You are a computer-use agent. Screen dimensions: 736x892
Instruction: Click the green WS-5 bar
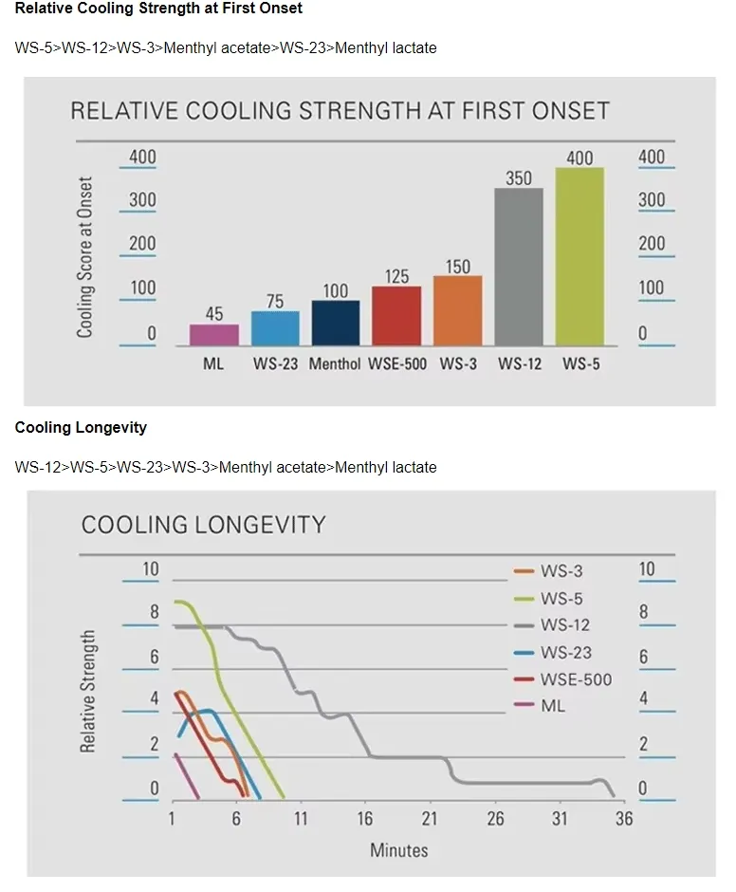[580, 256]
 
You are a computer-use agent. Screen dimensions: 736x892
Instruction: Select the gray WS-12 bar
[519, 267]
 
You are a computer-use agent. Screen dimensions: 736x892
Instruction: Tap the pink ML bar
[213, 335]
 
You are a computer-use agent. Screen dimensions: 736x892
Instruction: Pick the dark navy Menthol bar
[336, 324]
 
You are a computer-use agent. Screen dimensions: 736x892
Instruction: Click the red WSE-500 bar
[396, 316]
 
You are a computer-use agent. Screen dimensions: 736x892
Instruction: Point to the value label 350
[519, 178]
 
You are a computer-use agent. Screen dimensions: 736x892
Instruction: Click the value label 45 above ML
[213, 313]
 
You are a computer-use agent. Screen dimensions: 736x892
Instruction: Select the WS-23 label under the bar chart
[275, 364]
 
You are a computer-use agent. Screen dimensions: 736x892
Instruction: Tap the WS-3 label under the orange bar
[458, 364]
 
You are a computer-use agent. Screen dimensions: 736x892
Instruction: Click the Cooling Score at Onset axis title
[84, 257]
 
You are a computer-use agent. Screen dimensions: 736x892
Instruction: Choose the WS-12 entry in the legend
[552, 625]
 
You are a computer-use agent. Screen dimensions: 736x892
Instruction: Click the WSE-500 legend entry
[562, 679]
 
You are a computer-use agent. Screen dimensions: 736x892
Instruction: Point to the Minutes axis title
[398, 850]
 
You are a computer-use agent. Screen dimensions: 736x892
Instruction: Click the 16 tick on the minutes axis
[364, 819]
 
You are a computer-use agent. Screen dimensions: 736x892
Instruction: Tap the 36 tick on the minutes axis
[624, 819]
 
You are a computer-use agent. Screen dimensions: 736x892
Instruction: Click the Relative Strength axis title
[87, 691]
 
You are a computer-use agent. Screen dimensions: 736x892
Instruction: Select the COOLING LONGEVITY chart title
[204, 525]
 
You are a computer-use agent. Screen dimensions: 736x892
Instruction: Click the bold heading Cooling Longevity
[81, 427]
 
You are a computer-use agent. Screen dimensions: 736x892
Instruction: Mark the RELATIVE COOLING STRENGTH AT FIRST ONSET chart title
[340, 111]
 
